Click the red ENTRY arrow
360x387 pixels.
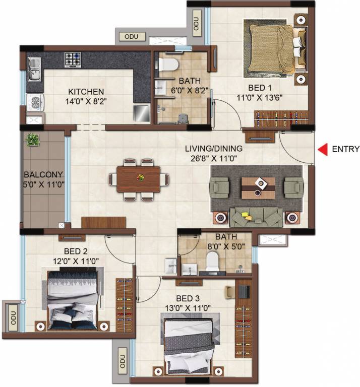(323, 149)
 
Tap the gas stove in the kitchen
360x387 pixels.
(73, 60)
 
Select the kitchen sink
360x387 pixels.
(34, 70)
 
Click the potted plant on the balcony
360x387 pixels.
(33, 140)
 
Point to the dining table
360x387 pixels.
(138, 179)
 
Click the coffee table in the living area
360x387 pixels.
(258, 188)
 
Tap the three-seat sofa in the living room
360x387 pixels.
(256, 217)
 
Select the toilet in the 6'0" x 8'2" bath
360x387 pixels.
(168, 64)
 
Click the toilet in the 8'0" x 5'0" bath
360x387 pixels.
(212, 261)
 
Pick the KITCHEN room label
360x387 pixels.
(86, 92)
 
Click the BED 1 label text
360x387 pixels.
(260, 88)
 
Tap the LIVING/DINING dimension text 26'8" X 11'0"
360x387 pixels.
(214, 158)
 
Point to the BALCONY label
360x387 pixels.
(43, 174)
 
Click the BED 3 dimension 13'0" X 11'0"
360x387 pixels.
(188, 308)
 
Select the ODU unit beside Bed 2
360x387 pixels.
(13, 318)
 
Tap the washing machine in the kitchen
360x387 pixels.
(35, 103)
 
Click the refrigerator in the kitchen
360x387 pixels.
(142, 113)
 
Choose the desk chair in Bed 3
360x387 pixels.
(229, 292)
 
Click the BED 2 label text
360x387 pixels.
(76, 251)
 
